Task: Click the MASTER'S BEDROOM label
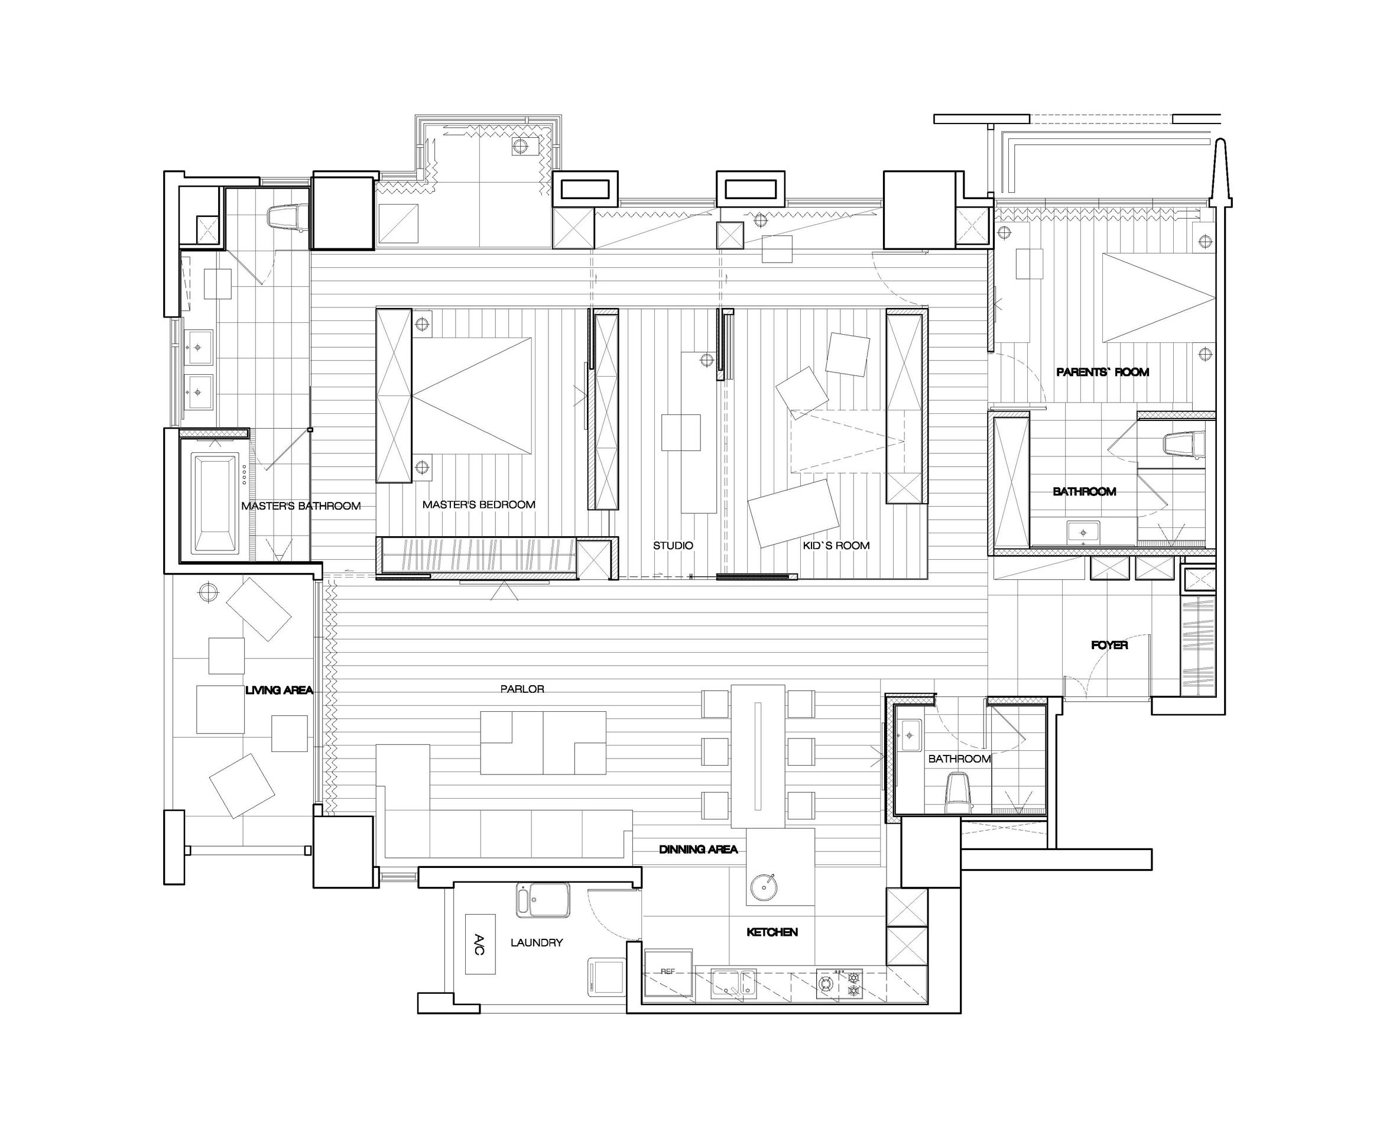(x=479, y=505)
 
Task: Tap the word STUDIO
(x=673, y=546)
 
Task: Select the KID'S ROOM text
(x=836, y=546)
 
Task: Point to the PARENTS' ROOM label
(x=1102, y=372)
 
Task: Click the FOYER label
(x=1109, y=645)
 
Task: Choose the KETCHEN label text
(x=772, y=932)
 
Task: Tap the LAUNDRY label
(x=537, y=942)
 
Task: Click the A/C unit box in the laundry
(x=480, y=944)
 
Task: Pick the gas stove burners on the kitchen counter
(x=839, y=984)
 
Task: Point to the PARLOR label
(x=522, y=689)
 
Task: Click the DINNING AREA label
(x=699, y=849)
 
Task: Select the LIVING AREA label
(x=279, y=690)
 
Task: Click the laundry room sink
(x=543, y=900)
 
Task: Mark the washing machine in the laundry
(x=606, y=977)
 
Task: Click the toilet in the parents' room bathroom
(x=1182, y=445)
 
